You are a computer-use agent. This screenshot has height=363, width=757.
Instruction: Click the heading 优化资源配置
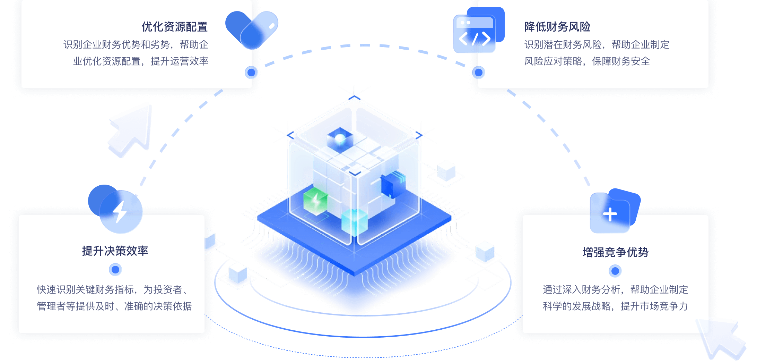pyautogui.click(x=174, y=27)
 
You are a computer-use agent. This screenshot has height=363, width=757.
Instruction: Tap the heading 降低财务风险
pyautogui.click(x=557, y=27)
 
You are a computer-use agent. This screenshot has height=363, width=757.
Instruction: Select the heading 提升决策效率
pyautogui.click(x=115, y=251)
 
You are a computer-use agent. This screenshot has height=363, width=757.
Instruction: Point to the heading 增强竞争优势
pyautogui.click(x=615, y=252)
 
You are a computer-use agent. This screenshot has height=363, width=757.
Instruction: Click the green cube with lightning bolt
pyautogui.click(x=315, y=201)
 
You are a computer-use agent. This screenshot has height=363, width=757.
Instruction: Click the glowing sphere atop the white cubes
pyautogui.click(x=340, y=139)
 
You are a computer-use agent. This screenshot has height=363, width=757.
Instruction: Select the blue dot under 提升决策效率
pyautogui.click(x=115, y=269)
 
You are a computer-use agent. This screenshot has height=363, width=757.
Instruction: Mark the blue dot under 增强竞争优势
pyautogui.click(x=615, y=271)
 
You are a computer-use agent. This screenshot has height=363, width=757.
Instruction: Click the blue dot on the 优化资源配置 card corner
pyautogui.click(x=251, y=72)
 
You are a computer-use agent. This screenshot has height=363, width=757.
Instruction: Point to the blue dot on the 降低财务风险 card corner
pyautogui.click(x=478, y=72)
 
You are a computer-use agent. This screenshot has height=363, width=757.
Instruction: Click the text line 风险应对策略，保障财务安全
pyautogui.click(x=587, y=61)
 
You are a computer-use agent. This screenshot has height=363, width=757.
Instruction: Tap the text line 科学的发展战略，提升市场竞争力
pyautogui.click(x=615, y=306)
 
